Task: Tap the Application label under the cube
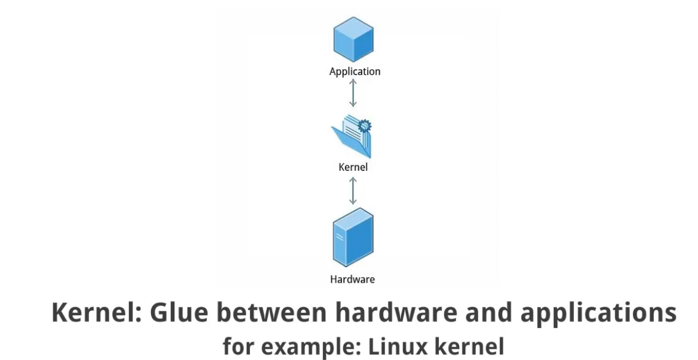pyautogui.click(x=355, y=71)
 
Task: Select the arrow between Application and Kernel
pyautogui.click(x=352, y=93)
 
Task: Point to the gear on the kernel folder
pyautogui.click(x=365, y=126)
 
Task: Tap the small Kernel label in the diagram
pyautogui.click(x=353, y=166)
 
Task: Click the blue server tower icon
pyautogui.click(x=352, y=237)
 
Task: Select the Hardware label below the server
pyautogui.click(x=352, y=280)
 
